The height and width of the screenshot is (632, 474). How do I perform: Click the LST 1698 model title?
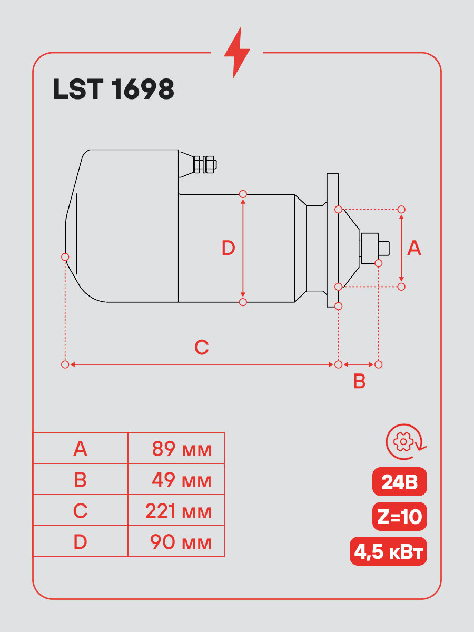(x=114, y=89)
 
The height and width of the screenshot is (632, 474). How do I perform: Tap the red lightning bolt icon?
(x=237, y=53)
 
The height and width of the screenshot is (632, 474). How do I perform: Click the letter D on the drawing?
(x=228, y=248)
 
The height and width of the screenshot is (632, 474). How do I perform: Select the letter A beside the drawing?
(x=414, y=248)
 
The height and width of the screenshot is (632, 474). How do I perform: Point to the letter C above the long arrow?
(x=202, y=347)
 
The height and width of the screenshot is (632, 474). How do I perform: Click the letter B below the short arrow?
(x=359, y=381)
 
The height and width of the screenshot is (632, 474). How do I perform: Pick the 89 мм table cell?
(x=176, y=448)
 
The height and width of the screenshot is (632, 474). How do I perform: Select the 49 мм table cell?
(x=176, y=479)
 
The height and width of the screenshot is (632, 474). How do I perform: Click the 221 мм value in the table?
(x=179, y=511)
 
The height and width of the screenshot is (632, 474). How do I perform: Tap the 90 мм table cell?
(x=176, y=541)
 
